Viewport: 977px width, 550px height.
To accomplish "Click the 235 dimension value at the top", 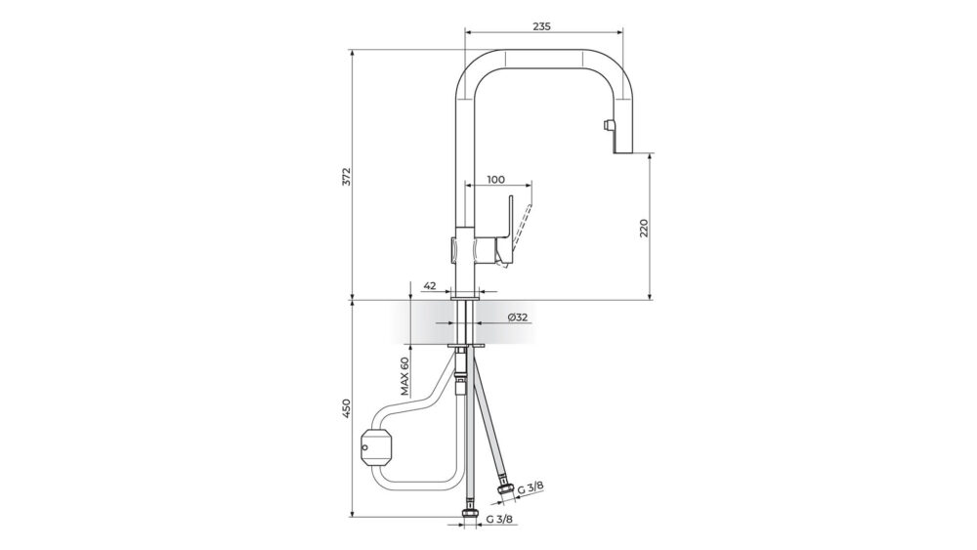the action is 542,26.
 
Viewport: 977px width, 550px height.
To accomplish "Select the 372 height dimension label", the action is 347,176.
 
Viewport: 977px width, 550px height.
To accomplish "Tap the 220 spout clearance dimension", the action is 644,228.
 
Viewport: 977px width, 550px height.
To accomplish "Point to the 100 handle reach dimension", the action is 495,180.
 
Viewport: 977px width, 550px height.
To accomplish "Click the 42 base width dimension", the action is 429,286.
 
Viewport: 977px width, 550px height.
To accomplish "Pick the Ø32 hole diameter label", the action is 518,317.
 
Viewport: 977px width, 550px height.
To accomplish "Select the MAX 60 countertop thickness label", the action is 404,377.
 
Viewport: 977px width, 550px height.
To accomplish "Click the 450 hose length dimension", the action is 347,408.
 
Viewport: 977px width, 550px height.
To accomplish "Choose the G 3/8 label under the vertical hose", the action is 499,519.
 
